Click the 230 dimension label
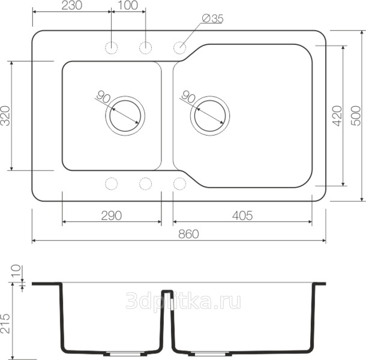[72, 5]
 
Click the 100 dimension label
[128, 5]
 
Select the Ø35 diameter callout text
[212, 19]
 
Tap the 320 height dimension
[5, 116]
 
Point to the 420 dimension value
[337, 116]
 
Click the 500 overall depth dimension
[356, 116]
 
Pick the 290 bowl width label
[112, 216]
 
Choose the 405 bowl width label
[242, 216]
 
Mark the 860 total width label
[188, 234]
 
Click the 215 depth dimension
[5, 323]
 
